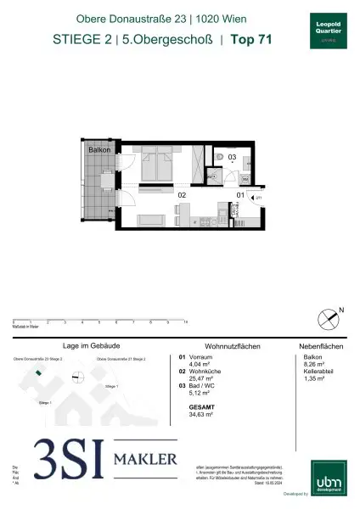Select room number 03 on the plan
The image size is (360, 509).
tap(232, 157)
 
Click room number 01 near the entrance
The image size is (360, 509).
tap(240, 194)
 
